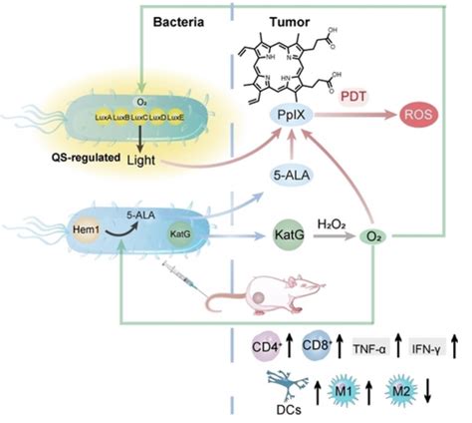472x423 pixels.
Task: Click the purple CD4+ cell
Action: [x=266, y=348]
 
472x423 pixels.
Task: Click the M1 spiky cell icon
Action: [x=342, y=390]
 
